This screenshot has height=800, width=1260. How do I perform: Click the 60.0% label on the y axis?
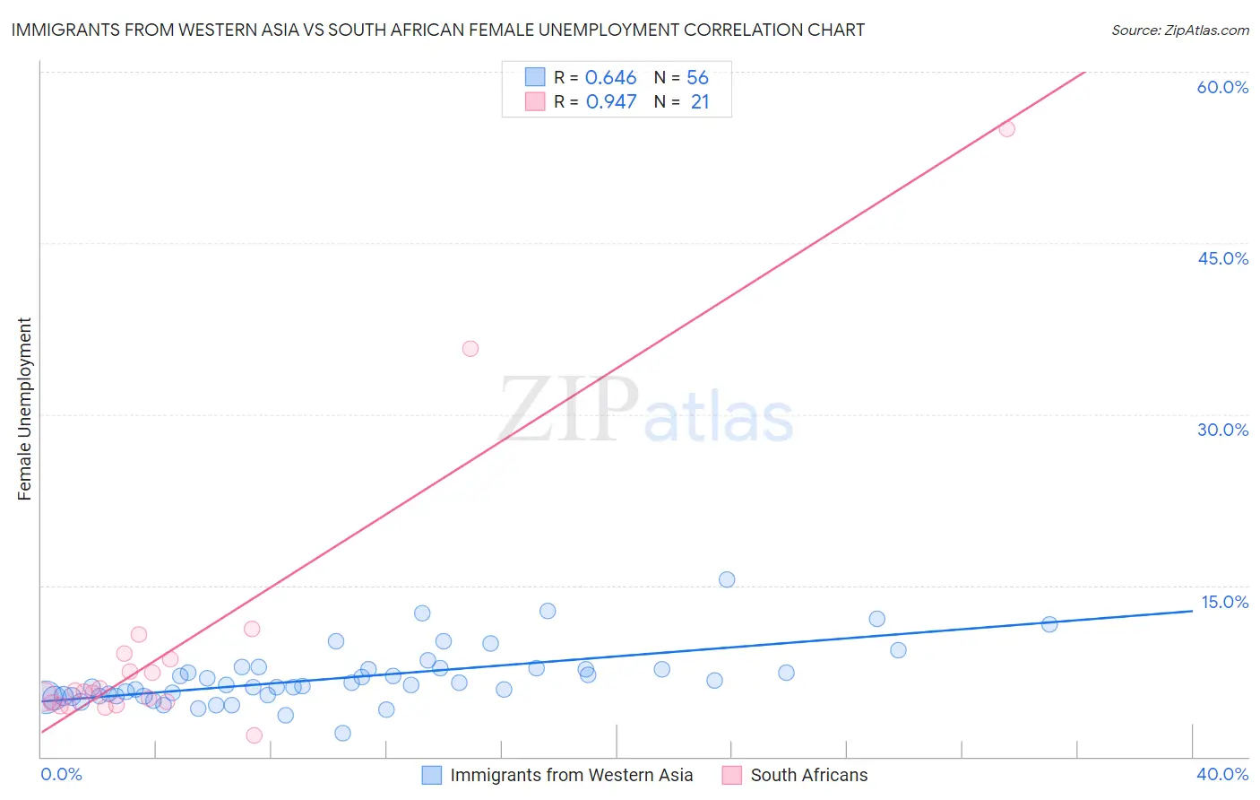(1222, 87)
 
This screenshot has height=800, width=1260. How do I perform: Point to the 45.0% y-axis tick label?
(1222, 258)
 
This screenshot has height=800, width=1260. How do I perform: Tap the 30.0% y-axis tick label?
(1222, 430)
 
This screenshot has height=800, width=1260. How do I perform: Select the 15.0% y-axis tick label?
(1224, 602)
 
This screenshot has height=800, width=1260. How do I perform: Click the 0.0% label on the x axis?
(61, 774)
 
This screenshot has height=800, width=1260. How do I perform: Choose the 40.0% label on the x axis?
(1222, 774)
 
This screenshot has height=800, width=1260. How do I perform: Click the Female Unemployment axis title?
(24, 409)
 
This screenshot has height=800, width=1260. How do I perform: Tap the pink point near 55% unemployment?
(1006, 128)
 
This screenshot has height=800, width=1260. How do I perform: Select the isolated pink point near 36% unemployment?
(470, 349)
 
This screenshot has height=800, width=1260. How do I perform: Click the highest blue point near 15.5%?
(727, 579)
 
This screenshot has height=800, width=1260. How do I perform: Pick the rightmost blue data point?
(1049, 624)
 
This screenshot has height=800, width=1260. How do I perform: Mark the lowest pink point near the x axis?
(255, 735)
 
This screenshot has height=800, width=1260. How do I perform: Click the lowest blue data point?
(342, 733)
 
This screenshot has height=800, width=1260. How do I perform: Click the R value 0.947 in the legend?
(611, 102)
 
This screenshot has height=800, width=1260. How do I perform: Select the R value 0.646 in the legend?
(610, 78)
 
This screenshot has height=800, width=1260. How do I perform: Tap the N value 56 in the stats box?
(697, 78)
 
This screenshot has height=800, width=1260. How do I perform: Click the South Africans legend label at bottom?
(808, 775)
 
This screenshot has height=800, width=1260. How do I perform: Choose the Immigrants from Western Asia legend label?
(571, 775)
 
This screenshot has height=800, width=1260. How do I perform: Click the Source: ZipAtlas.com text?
(1179, 30)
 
